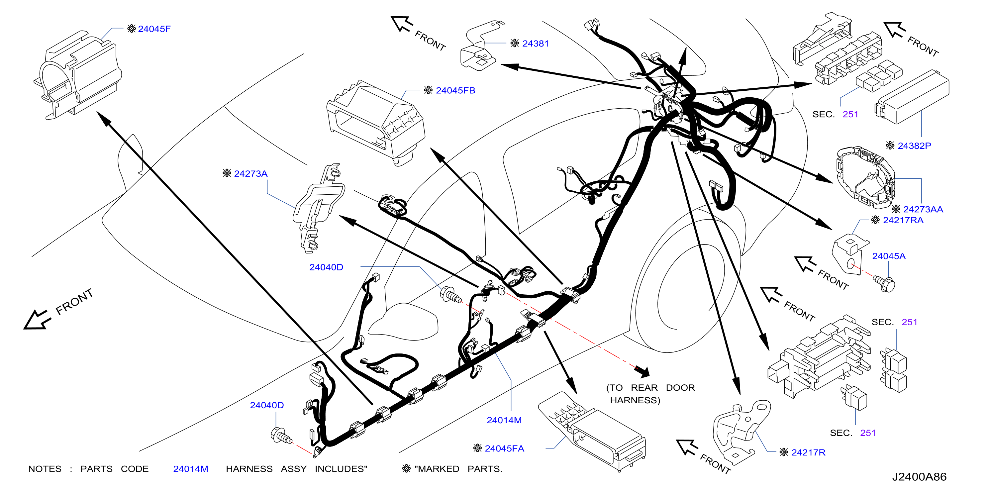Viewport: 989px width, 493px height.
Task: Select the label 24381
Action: pyautogui.click(x=535, y=44)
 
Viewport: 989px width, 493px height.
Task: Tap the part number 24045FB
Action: pyautogui.click(x=455, y=91)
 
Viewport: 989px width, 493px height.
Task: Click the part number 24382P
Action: pyautogui.click(x=914, y=146)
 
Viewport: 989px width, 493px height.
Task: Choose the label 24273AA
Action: pyautogui.click(x=923, y=209)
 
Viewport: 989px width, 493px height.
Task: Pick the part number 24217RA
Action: pyautogui.click(x=903, y=220)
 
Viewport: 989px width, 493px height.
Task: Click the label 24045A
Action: pyautogui.click(x=888, y=256)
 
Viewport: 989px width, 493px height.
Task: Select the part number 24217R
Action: pyautogui.click(x=808, y=452)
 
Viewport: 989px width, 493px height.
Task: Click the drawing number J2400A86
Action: pyautogui.click(x=919, y=477)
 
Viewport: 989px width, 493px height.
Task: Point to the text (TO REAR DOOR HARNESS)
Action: pyautogui.click(x=650, y=394)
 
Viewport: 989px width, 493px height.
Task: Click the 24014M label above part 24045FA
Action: pyautogui.click(x=504, y=421)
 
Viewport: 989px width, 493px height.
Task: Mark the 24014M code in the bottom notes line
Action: pyautogui.click(x=190, y=469)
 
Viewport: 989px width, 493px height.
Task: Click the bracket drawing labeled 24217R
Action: pyautogui.click(x=741, y=432)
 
